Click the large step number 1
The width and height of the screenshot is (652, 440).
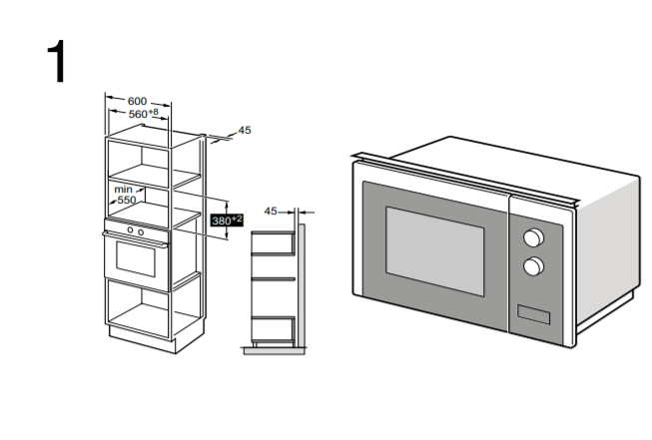point(57,62)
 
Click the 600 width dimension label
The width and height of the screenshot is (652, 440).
point(138,101)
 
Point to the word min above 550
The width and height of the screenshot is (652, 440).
point(123,189)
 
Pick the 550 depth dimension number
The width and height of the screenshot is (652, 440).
point(126,200)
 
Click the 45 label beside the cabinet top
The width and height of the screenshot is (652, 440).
point(245,130)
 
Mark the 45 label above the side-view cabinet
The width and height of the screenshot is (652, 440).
point(270,212)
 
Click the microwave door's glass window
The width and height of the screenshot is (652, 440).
point(434,244)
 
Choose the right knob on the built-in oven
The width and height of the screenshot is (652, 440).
point(141,231)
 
